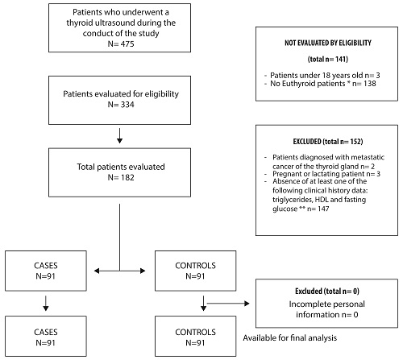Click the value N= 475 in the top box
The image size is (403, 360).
click(x=120, y=44)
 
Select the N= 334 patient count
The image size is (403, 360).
click(x=120, y=105)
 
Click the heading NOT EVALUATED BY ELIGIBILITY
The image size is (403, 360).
click(x=327, y=41)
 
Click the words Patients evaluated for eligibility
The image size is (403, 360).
click(x=120, y=93)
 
